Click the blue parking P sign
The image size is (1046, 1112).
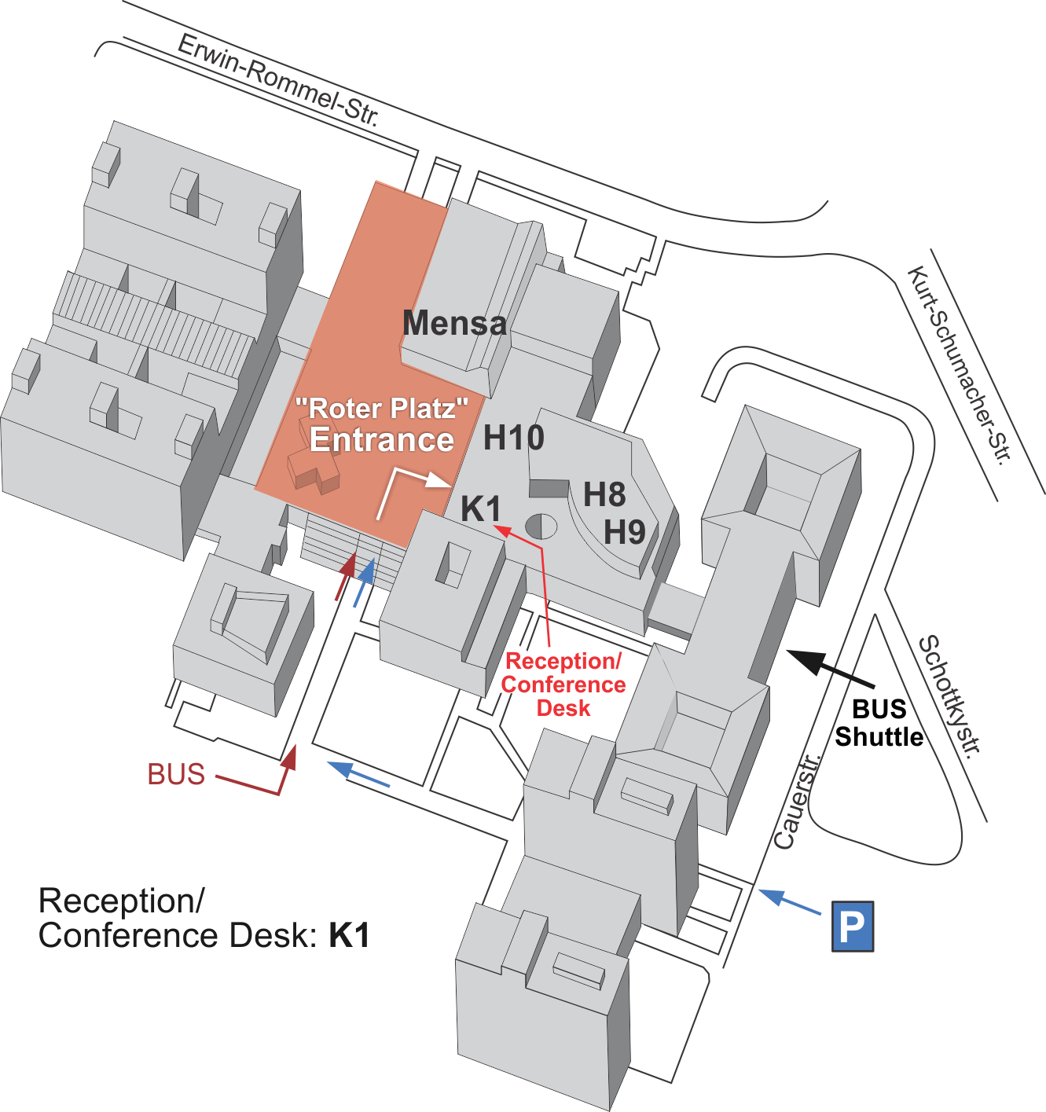pos(853,927)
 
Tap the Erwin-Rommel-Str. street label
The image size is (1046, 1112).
pos(278,80)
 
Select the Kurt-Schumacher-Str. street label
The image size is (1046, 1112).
pos(958,365)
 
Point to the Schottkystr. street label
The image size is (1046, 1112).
pos(950,696)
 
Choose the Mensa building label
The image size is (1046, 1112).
pos(454,323)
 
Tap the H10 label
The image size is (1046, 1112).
pos(513,438)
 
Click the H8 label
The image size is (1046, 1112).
pos(604,495)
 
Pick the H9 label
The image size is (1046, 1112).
pos(624,533)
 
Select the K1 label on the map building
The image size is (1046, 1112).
pos(480,509)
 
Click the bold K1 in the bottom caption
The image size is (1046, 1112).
pos(349,935)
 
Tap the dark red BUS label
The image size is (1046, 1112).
pos(176,774)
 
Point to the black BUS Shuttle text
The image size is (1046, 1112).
pos(879,723)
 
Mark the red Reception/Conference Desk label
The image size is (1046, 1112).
pos(563,684)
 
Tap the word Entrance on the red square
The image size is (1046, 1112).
pos(382,440)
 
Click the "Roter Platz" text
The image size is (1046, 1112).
pos(382,409)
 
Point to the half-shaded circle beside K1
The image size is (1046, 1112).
pos(541,526)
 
